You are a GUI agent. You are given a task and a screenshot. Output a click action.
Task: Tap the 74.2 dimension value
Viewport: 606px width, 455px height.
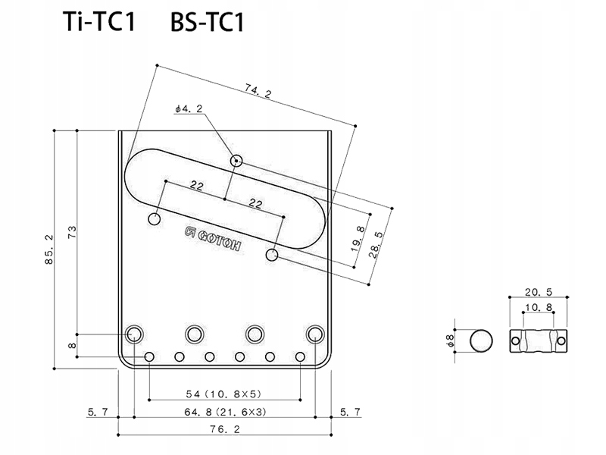click(x=258, y=92)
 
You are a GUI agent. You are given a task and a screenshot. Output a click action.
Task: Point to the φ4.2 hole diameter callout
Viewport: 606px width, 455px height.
click(x=188, y=110)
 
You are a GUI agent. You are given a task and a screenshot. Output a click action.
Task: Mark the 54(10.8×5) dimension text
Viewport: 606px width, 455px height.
click(x=225, y=394)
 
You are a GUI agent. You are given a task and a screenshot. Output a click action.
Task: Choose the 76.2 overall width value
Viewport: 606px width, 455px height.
click(x=225, y=429)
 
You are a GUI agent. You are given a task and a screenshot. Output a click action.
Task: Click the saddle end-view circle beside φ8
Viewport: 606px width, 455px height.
click(x=481, y=341)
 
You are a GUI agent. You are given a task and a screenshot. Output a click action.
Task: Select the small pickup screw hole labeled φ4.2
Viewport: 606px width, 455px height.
click(x=237, y=161)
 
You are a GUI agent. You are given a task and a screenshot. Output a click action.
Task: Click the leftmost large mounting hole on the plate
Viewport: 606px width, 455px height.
click(x=136, y=334)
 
